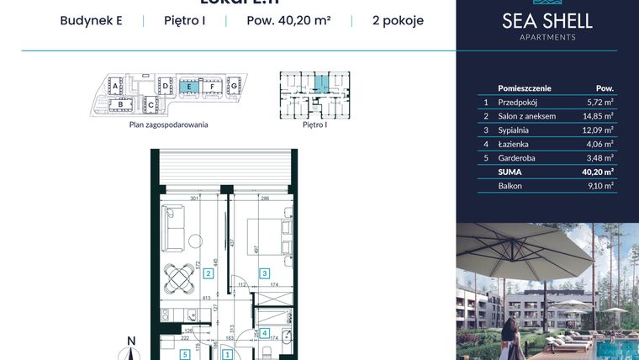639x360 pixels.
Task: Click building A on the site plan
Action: (x=117, y=85)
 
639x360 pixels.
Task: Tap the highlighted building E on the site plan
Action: (x=190, y=86)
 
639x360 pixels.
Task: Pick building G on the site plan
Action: (x=234, y=85)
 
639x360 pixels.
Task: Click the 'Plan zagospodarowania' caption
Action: (x=168, y=124)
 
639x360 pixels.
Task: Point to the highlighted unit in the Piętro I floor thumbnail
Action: (x=320, y=84)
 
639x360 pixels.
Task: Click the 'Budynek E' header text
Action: (x=91, y=21)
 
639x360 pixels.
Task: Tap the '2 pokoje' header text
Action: (x=397, y=21)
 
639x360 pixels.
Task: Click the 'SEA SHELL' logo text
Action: (x=547, y=21)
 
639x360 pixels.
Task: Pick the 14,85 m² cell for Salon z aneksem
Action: (x=598, y=115)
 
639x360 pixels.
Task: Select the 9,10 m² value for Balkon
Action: (x=598, y=186)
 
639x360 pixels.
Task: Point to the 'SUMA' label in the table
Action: (x=510, y=172)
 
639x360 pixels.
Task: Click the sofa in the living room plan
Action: (x=174, y=228)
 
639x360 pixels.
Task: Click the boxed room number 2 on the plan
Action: (x=207, y=273)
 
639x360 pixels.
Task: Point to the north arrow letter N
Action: (x=130, y=341)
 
